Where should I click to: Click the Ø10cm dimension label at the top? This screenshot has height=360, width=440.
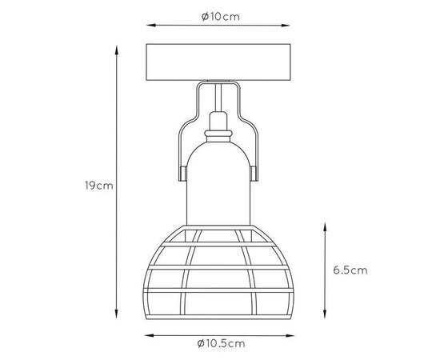coord(221,17)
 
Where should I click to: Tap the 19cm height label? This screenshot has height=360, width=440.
coord(99,186)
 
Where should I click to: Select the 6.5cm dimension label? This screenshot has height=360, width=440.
coord(350,270)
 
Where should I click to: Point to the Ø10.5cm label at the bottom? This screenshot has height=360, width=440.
coord(221,343)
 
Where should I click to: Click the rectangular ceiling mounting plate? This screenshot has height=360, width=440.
coord(218,62)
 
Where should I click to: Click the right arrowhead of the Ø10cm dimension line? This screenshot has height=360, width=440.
coord(286,26)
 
